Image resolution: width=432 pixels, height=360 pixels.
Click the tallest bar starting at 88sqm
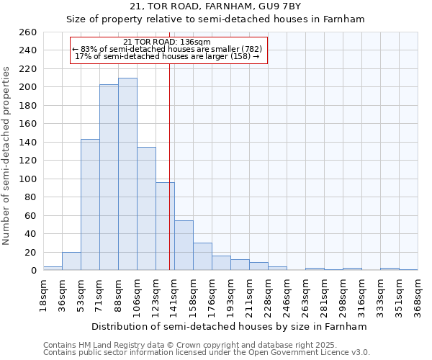127,174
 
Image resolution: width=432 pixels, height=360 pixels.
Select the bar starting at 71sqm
109,177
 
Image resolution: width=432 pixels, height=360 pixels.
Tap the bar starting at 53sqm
90,204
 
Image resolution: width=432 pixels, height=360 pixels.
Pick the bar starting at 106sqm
146,209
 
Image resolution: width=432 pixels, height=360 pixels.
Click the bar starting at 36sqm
71,261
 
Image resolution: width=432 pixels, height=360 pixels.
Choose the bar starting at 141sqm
184,246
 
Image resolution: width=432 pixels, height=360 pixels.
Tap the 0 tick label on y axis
33,271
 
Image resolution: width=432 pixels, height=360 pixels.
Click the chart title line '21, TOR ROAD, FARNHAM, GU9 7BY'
215,6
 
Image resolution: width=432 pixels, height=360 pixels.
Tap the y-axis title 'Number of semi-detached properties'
7,156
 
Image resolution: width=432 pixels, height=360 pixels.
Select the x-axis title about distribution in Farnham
230,326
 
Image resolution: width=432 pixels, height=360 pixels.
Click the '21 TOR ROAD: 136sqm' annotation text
167,42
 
